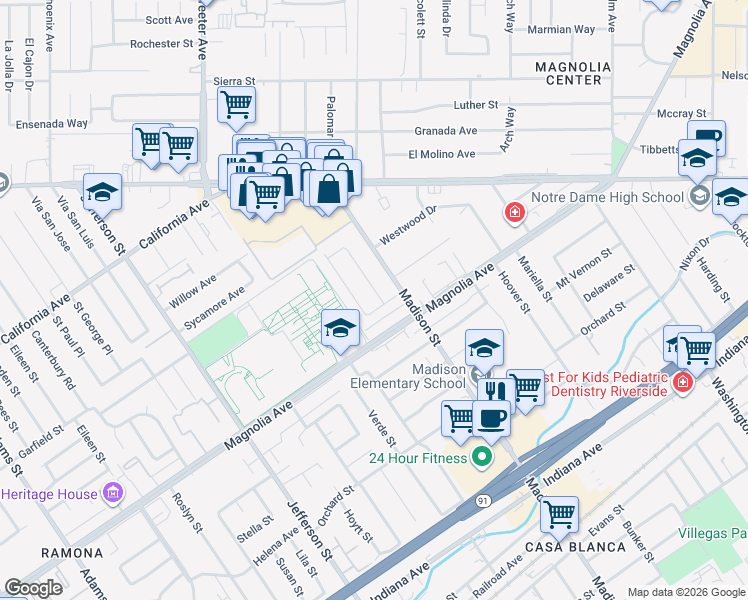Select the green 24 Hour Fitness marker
pos(481,458)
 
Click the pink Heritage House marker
pos(113,493)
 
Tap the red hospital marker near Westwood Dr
pos(514,213)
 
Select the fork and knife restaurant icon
pos(495,390)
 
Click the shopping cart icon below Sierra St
pos(236,102)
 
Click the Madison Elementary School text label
pos(408,376)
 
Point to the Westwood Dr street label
pos(408,226)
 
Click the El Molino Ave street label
pos(441,154)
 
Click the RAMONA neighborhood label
pos(72,552)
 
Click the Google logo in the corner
pos(33,587)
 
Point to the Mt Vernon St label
pos(582,267)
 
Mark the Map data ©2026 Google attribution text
pos(685,592)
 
